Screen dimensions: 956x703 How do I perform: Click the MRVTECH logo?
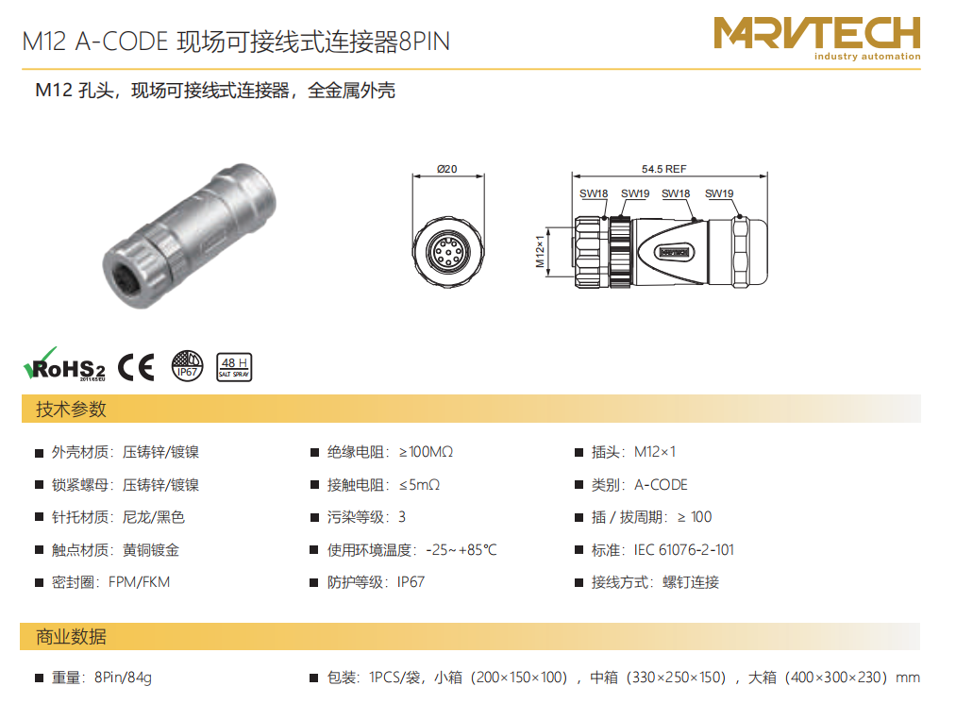pyautogui.click(x=817, y=38)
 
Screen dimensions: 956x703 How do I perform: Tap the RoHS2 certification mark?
pyautogui.click(x=64, y=364)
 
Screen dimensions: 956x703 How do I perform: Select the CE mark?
pyautogui.click(x=136, y=367)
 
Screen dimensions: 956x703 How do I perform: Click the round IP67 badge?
pyautogui.click(x=187, y=366)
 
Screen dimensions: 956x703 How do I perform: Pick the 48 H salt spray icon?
pyautogui.click(x=234, y=367)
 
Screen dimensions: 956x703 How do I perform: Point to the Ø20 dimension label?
pyautogui.click(x=447, y=169)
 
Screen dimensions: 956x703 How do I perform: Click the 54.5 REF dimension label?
pyautogui.click(x=664, y=169)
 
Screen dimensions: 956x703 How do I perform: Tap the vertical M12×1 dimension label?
pyautogui.click(x=540, y=251)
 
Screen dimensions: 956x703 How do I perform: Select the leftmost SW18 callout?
pyautogui.click(x=594, y=193)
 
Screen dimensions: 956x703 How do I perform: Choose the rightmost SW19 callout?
pyautogui.click(x=719, y=193)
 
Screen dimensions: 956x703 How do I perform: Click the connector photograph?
pyautogui.click(x=189, y=235)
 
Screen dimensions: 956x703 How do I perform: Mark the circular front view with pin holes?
pyautogui.click(x=448, y=251)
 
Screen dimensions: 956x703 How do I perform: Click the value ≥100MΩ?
pyautogui.click(x=427, y=452)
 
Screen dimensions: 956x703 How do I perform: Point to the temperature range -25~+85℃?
pyautogui.click(x=461, y=550)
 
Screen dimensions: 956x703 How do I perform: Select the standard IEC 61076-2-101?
pyautogui.click(x=684, y=550)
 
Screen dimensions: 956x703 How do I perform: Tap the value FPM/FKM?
pyautogui.click(x=139, y=582)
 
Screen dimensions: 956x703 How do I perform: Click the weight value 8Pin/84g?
pyautogui.click(x=124, y=678)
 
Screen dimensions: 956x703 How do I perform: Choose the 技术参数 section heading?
pyautogui.click(x=71, y=409)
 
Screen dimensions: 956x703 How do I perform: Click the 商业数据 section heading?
pyautogui.click(x=71, y=637)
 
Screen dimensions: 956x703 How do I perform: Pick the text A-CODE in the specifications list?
pyautogui.click(x=661, y=485)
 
